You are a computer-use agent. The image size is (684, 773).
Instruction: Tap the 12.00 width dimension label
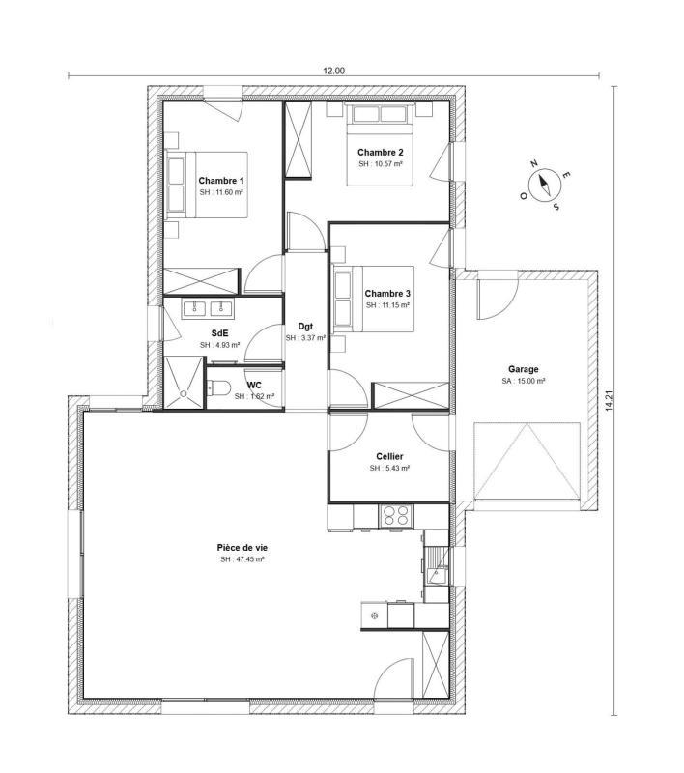coord(333,70)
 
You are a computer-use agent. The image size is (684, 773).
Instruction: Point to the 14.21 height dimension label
coord(609,400)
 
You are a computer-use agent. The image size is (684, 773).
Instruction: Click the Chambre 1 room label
coord(221,181)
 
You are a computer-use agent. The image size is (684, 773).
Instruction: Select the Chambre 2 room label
coord(380,153)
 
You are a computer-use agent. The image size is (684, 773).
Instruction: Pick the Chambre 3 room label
coord(387,294)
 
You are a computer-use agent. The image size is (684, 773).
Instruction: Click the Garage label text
coord(524,369)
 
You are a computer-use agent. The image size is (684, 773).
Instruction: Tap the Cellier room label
coord(389,456)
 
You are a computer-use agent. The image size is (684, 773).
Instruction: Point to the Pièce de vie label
coord(242,547)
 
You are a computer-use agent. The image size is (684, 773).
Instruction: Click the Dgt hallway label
coord(305,326)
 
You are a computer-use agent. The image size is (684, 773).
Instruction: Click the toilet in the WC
coord(219,389)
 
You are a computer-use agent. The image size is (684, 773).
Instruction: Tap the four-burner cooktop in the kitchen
coord(396,515)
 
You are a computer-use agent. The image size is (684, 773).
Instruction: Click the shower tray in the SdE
coord(185,383)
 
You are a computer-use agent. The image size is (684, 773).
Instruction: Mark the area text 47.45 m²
coord(242,559)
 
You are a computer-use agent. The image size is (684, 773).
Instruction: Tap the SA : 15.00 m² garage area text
coord(524,382)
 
